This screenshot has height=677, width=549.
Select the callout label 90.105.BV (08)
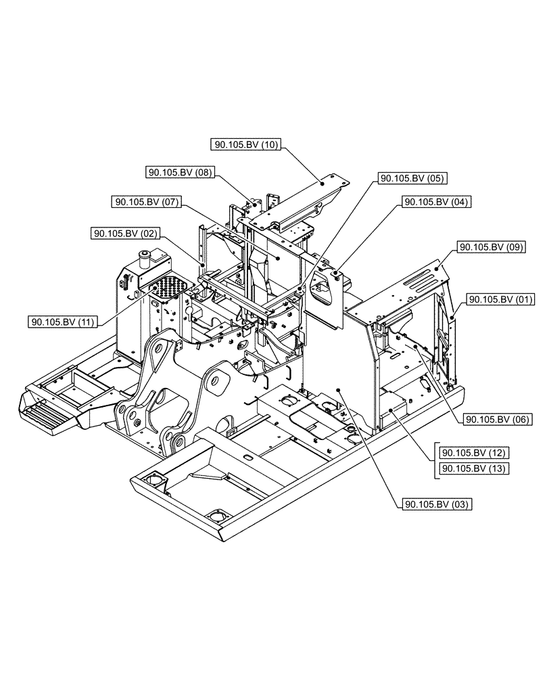[x=179, y=173]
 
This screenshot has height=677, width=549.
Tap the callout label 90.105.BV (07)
[x=146, y=202]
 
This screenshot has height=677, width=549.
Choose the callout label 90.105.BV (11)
[x=63, y=322]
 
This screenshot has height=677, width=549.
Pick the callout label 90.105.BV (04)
[x=436, y=202]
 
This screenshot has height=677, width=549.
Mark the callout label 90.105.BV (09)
[x=492, y=248]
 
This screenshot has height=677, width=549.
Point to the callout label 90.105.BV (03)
[x=437, y=504]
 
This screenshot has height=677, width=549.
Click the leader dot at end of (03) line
[x=337, y=390]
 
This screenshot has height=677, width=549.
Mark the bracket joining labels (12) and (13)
[x=433, y=460]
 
